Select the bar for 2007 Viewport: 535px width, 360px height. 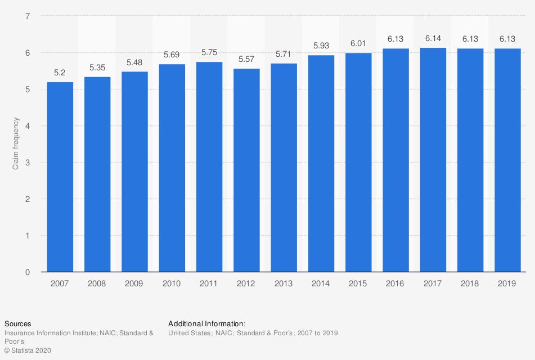tap(60, 177)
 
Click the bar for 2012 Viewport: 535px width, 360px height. tap(246, 170)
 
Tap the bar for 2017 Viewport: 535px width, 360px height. tap(433, 160)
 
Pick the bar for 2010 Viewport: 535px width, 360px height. tap(172, 168)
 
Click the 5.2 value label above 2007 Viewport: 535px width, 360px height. tap(60, 73)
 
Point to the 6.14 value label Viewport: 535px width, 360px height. tap(433, 38)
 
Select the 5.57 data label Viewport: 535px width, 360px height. tap(246, 59)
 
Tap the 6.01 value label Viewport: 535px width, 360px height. tap(358, 43)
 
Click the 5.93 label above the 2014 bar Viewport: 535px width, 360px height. tap(321, 46)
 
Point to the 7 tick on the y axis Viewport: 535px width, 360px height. tap(28, 16)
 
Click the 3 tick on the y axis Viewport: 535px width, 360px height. tap(28, 163)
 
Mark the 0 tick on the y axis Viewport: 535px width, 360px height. tap(28, 272)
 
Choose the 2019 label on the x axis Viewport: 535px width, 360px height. tap(508, 283)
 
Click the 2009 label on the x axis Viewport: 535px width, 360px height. tap(134, 283)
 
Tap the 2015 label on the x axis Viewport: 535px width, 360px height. tap(358, 283)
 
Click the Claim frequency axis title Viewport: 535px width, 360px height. tap(16, 144)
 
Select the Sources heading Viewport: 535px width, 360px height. tap(18, 323)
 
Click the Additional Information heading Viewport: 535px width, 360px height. tap(207, 323)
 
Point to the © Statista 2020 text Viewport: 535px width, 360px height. tap(28, 350)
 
